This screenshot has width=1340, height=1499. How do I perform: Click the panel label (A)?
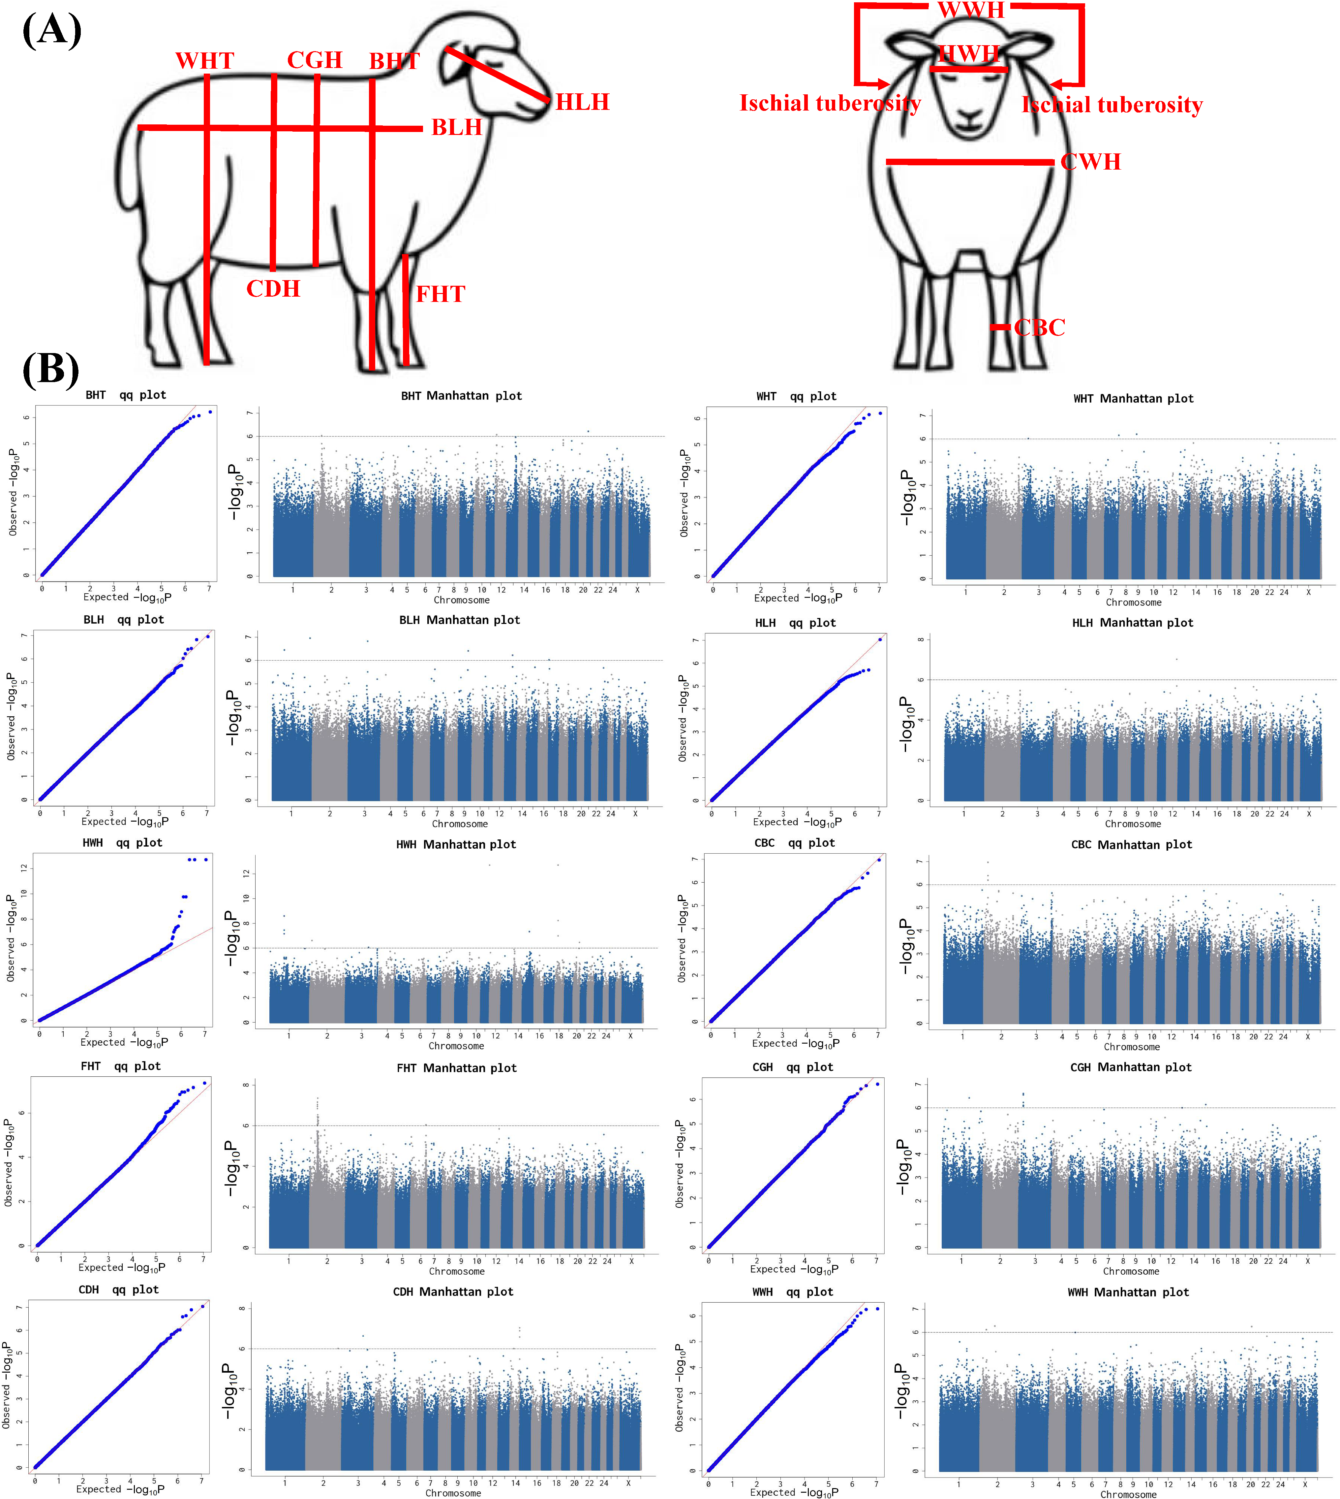pyautogui.click(x=51, y=31)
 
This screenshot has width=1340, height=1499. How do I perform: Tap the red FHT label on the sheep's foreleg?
pyautogui.click(x=440, y=294)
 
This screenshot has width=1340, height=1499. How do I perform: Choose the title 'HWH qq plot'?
pyautogui.click(x=122, y=843)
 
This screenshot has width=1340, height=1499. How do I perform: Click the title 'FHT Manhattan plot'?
pyautogui.click(x=456, y=1068)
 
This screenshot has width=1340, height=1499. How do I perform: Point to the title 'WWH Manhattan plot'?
pyautogui.click(x=1128, y=1292)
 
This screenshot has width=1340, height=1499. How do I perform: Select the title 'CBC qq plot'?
pyautogui.click(x=794, y=843)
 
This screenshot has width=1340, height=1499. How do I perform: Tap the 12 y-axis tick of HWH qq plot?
pyautogui.click(x=24, y=868)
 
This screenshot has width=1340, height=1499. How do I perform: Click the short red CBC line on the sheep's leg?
pyautogui.click(x=1000, y=327)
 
